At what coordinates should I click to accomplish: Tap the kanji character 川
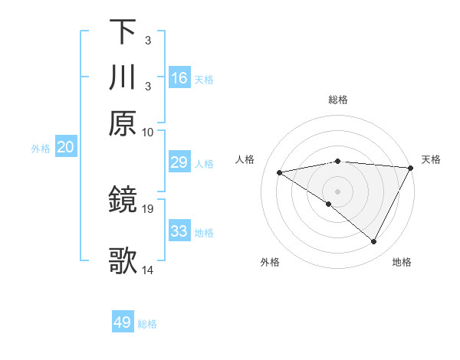[x=123, y=77]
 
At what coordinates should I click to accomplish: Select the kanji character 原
[x=123, y=123]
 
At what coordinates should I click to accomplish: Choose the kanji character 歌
[x=123, y=260]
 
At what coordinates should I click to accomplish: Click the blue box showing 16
[x=179, y=78]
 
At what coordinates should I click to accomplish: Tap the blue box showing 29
[x=179, y=162]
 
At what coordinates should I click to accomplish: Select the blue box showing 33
[x=179, y=231]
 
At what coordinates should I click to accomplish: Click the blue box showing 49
[x=123, y=322]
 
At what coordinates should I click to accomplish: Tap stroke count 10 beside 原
[x=149, y=132]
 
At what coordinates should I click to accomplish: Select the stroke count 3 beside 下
[x=147, y=40]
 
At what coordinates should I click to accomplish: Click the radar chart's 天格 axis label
[x=431, y=159]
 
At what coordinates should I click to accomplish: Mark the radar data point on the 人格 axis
[x=280, y=172]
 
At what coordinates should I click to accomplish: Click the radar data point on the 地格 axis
[x=373, y=242]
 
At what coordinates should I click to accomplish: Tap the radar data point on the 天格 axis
[x=410, y=168]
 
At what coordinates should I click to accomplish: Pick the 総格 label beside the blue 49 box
[x=147, y=324]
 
